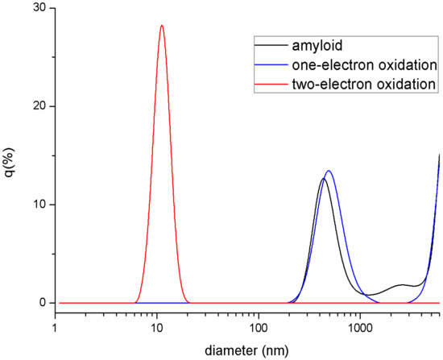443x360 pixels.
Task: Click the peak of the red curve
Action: click(162, 26)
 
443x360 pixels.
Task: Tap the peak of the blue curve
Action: click(329, 171)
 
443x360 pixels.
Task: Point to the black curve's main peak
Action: click(323, 179)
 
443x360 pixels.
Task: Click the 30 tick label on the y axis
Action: click(38, 8)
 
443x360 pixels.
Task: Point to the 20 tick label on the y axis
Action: click(38, 106)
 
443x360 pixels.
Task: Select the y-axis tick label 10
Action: click(38, 205)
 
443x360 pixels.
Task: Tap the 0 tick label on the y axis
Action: click(42, 303)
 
